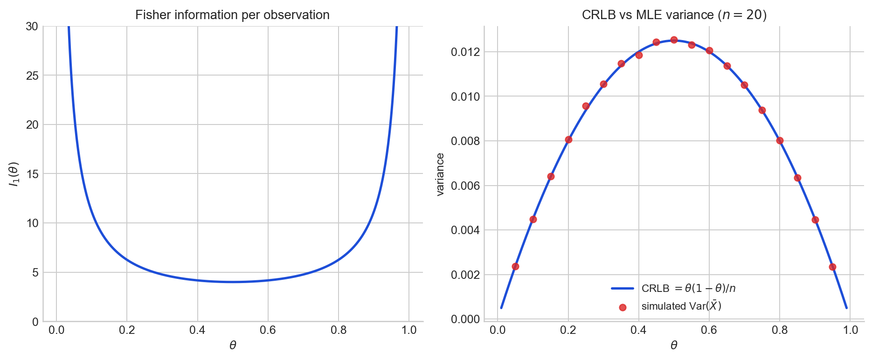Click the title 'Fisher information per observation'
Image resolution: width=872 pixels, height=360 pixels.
[x=232, y=15]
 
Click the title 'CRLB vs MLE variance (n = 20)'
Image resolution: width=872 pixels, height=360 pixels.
[x=674, y=15]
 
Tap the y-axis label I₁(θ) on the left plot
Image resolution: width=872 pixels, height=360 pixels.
[x=14, y=174]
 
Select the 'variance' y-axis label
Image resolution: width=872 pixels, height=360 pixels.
[x=440, y=174]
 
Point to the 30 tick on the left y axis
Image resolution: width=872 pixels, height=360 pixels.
[x=32, y=27]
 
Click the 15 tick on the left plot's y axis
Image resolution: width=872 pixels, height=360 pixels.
[x=32, y=174]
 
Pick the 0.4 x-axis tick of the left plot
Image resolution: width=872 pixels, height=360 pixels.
[x=197, y=330]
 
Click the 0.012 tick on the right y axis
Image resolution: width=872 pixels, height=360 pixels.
[x=465, y=52]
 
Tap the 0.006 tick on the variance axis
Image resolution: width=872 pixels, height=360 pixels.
[x=465, y=186]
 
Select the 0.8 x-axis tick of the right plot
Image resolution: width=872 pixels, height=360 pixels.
[x=780, y=330]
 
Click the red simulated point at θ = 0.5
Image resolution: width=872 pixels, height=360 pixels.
[x=674, y=40]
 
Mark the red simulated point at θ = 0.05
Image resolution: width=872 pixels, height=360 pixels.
[x=515, y=266]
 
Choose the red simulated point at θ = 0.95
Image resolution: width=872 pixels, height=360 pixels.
[x=832, y=267]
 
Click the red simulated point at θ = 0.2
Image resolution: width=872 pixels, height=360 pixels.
[x=568, y=139]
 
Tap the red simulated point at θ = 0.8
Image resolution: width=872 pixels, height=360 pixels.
[x=780, y=140]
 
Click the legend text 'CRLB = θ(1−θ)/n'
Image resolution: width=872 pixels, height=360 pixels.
[x=688, y=289]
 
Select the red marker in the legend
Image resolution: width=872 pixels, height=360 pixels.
[x=623, y=307]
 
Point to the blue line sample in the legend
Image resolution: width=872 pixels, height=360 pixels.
[x=623, y=289]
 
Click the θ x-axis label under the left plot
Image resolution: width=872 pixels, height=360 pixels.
[x=233, y=346]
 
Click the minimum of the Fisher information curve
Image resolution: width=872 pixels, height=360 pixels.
[x=233, y=282]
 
